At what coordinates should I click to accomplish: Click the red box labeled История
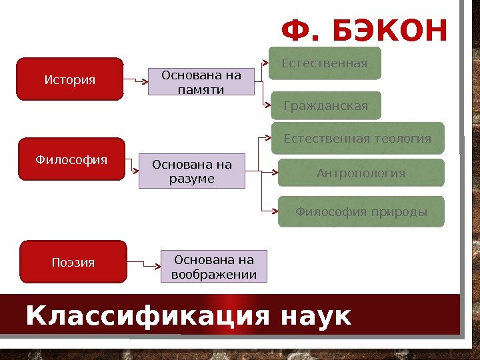point(69,79)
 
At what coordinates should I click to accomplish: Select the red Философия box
point(71,159)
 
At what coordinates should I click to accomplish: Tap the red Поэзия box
point(73,262)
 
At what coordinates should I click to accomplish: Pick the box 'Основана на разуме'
point(192,171)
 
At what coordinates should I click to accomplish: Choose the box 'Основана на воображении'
point(213,267)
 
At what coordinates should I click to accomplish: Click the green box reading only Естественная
point(324,63)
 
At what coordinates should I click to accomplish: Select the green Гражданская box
point(325,105)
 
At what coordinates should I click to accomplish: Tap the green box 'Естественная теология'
point(357,139)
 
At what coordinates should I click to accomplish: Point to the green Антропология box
point(360,173)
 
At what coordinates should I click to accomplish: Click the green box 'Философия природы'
point(361,212)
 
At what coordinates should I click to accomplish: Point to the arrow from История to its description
point(135,81)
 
